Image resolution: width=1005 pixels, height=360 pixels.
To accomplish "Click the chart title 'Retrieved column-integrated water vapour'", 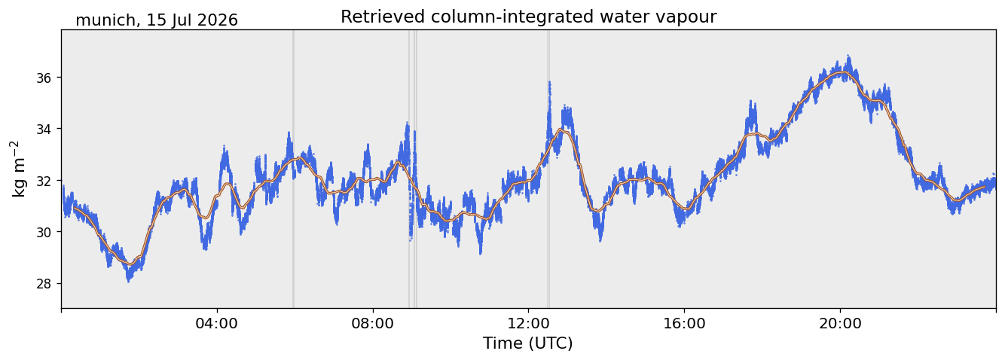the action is [529, 17].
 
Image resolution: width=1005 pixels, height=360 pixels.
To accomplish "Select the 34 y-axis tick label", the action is [44, 130].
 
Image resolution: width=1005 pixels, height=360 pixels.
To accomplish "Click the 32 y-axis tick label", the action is [44, 181].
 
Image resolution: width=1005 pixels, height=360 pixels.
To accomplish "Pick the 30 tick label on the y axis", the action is [44, 232].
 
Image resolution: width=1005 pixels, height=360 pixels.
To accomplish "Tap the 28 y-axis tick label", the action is [44, 284].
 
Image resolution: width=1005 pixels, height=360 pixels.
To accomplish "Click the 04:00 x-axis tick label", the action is [217, 323].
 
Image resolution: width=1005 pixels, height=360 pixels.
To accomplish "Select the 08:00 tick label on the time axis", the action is [372, 323].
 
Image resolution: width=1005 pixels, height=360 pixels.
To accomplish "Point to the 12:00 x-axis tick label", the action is [528, 323].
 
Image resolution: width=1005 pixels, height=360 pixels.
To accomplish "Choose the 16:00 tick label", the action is [684, 323].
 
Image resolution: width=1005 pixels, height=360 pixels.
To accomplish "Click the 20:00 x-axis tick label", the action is [840, 323].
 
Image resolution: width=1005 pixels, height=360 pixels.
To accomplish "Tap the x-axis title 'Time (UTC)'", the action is [528, 343].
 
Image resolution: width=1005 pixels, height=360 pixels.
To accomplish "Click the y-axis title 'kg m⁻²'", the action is [18, 169].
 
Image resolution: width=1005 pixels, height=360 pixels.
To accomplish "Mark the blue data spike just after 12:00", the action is [549, 108].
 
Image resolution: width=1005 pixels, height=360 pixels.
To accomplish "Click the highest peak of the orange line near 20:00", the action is [842, 72].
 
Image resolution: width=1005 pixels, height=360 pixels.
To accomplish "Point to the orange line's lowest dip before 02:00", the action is [130, 264].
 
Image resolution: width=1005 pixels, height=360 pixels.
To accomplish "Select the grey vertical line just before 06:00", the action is [293, 169].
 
